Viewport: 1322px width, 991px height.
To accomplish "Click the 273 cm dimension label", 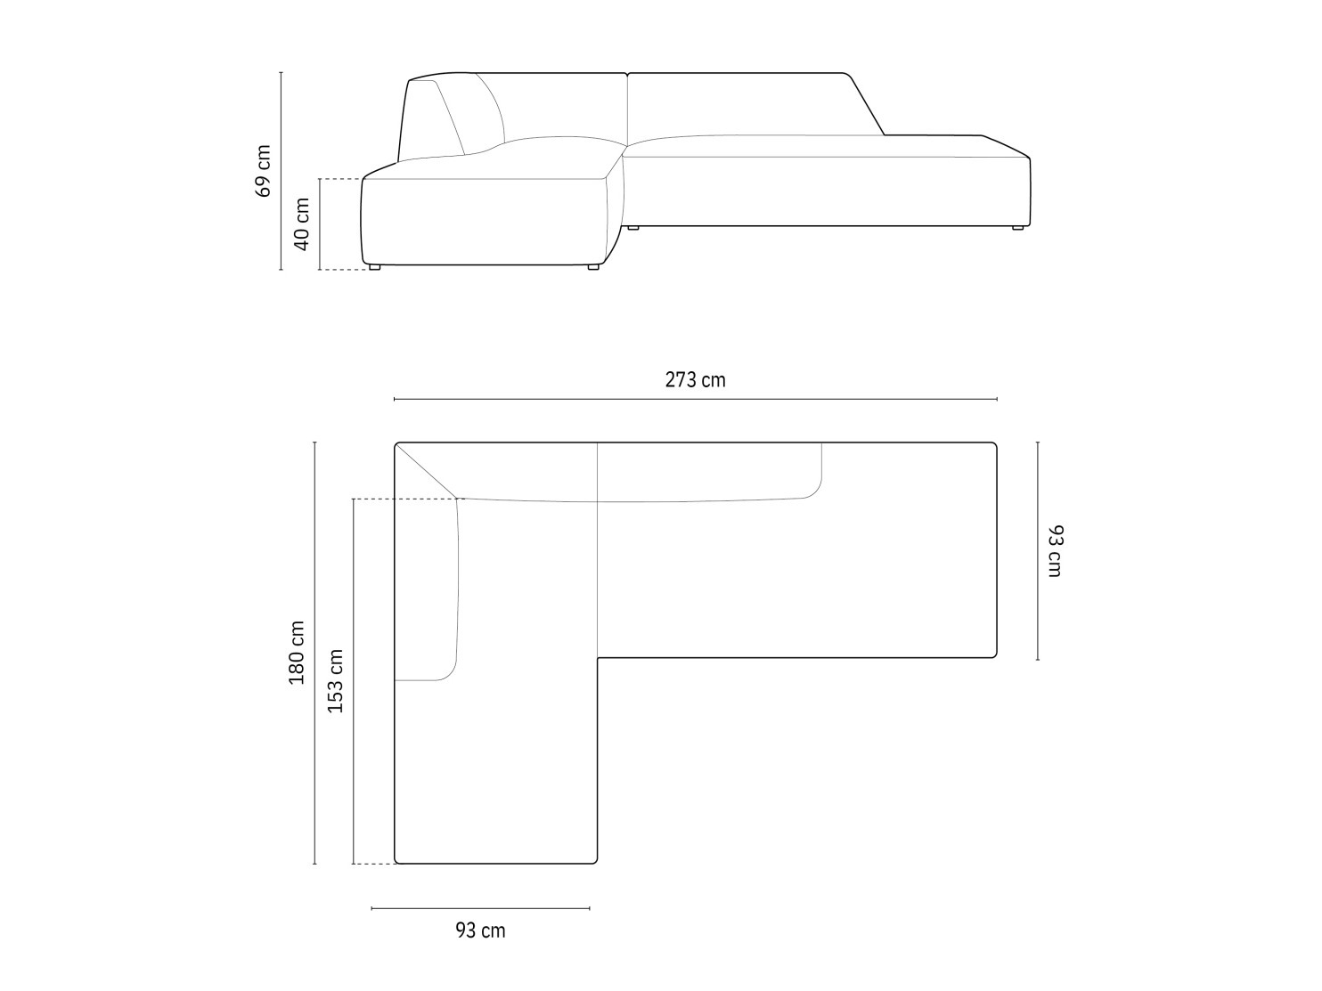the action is point(695,379).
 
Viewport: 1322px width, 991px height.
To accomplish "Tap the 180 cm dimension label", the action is point(297,653).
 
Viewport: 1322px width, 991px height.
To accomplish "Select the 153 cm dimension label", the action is point(335,681).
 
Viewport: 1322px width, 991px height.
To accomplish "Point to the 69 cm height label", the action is point(263,170).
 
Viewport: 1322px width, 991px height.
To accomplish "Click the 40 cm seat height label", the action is point(301,224).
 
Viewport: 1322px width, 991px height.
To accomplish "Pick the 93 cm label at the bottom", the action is point(480,930).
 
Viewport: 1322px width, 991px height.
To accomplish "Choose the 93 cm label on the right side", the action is point(1055,550).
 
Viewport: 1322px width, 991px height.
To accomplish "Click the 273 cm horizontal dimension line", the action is point(696,399).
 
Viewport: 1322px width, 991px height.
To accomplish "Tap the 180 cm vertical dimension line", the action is point(314,653).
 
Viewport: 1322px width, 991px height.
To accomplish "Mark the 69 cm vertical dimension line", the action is point(281,171).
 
